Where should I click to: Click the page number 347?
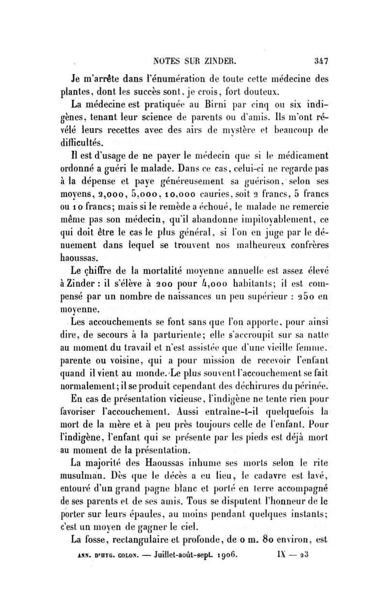pyautogui.click(x=322, y=62)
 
